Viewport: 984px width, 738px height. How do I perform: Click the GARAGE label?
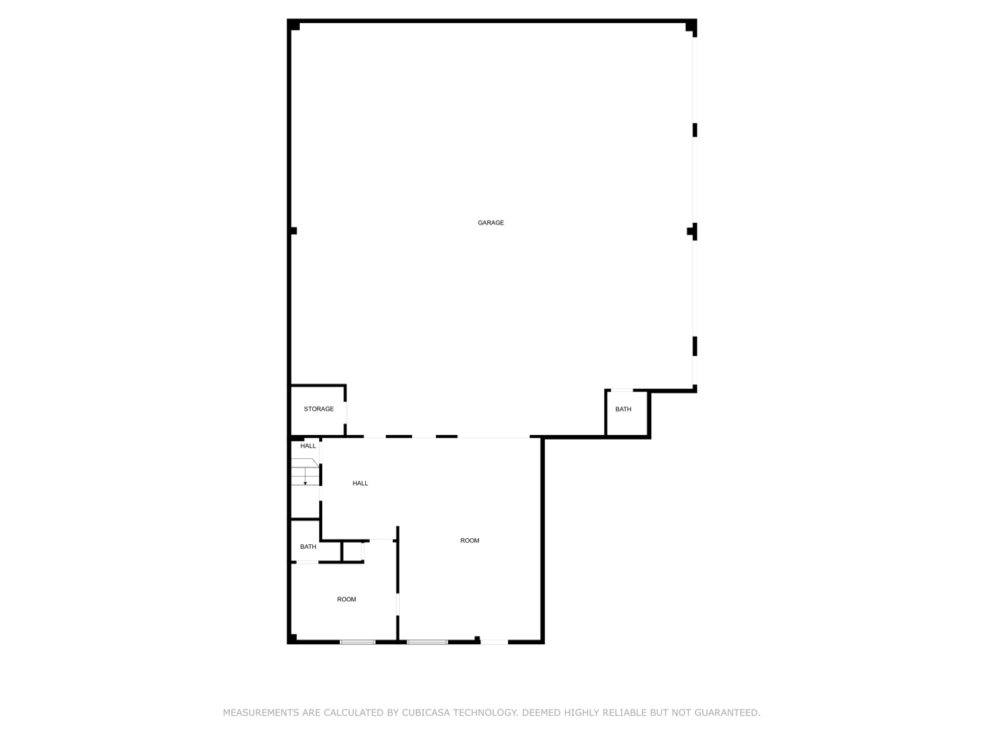[490, 223]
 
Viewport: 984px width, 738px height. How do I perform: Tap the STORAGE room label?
[318, 409]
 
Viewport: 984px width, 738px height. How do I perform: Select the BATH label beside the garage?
[623, 409]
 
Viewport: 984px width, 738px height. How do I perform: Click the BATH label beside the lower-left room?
[308, 547]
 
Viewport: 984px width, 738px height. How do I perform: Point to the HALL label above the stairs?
[308, 446]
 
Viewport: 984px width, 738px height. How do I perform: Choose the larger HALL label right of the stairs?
[360, 484]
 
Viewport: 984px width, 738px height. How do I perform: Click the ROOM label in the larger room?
[470, 540]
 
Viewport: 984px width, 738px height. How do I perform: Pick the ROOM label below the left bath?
[347, 600]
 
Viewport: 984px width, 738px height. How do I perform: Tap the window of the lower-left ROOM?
[357, 642]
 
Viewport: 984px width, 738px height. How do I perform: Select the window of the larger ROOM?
[427, 642]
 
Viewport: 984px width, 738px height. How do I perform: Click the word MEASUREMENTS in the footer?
[261, 713]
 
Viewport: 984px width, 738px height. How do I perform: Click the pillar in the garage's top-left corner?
[294, 26]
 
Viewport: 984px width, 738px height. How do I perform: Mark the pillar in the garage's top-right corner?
[690, 27]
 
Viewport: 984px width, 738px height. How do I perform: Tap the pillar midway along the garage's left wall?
[293, 231]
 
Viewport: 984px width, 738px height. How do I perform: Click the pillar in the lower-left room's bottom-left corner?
[293, 637]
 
